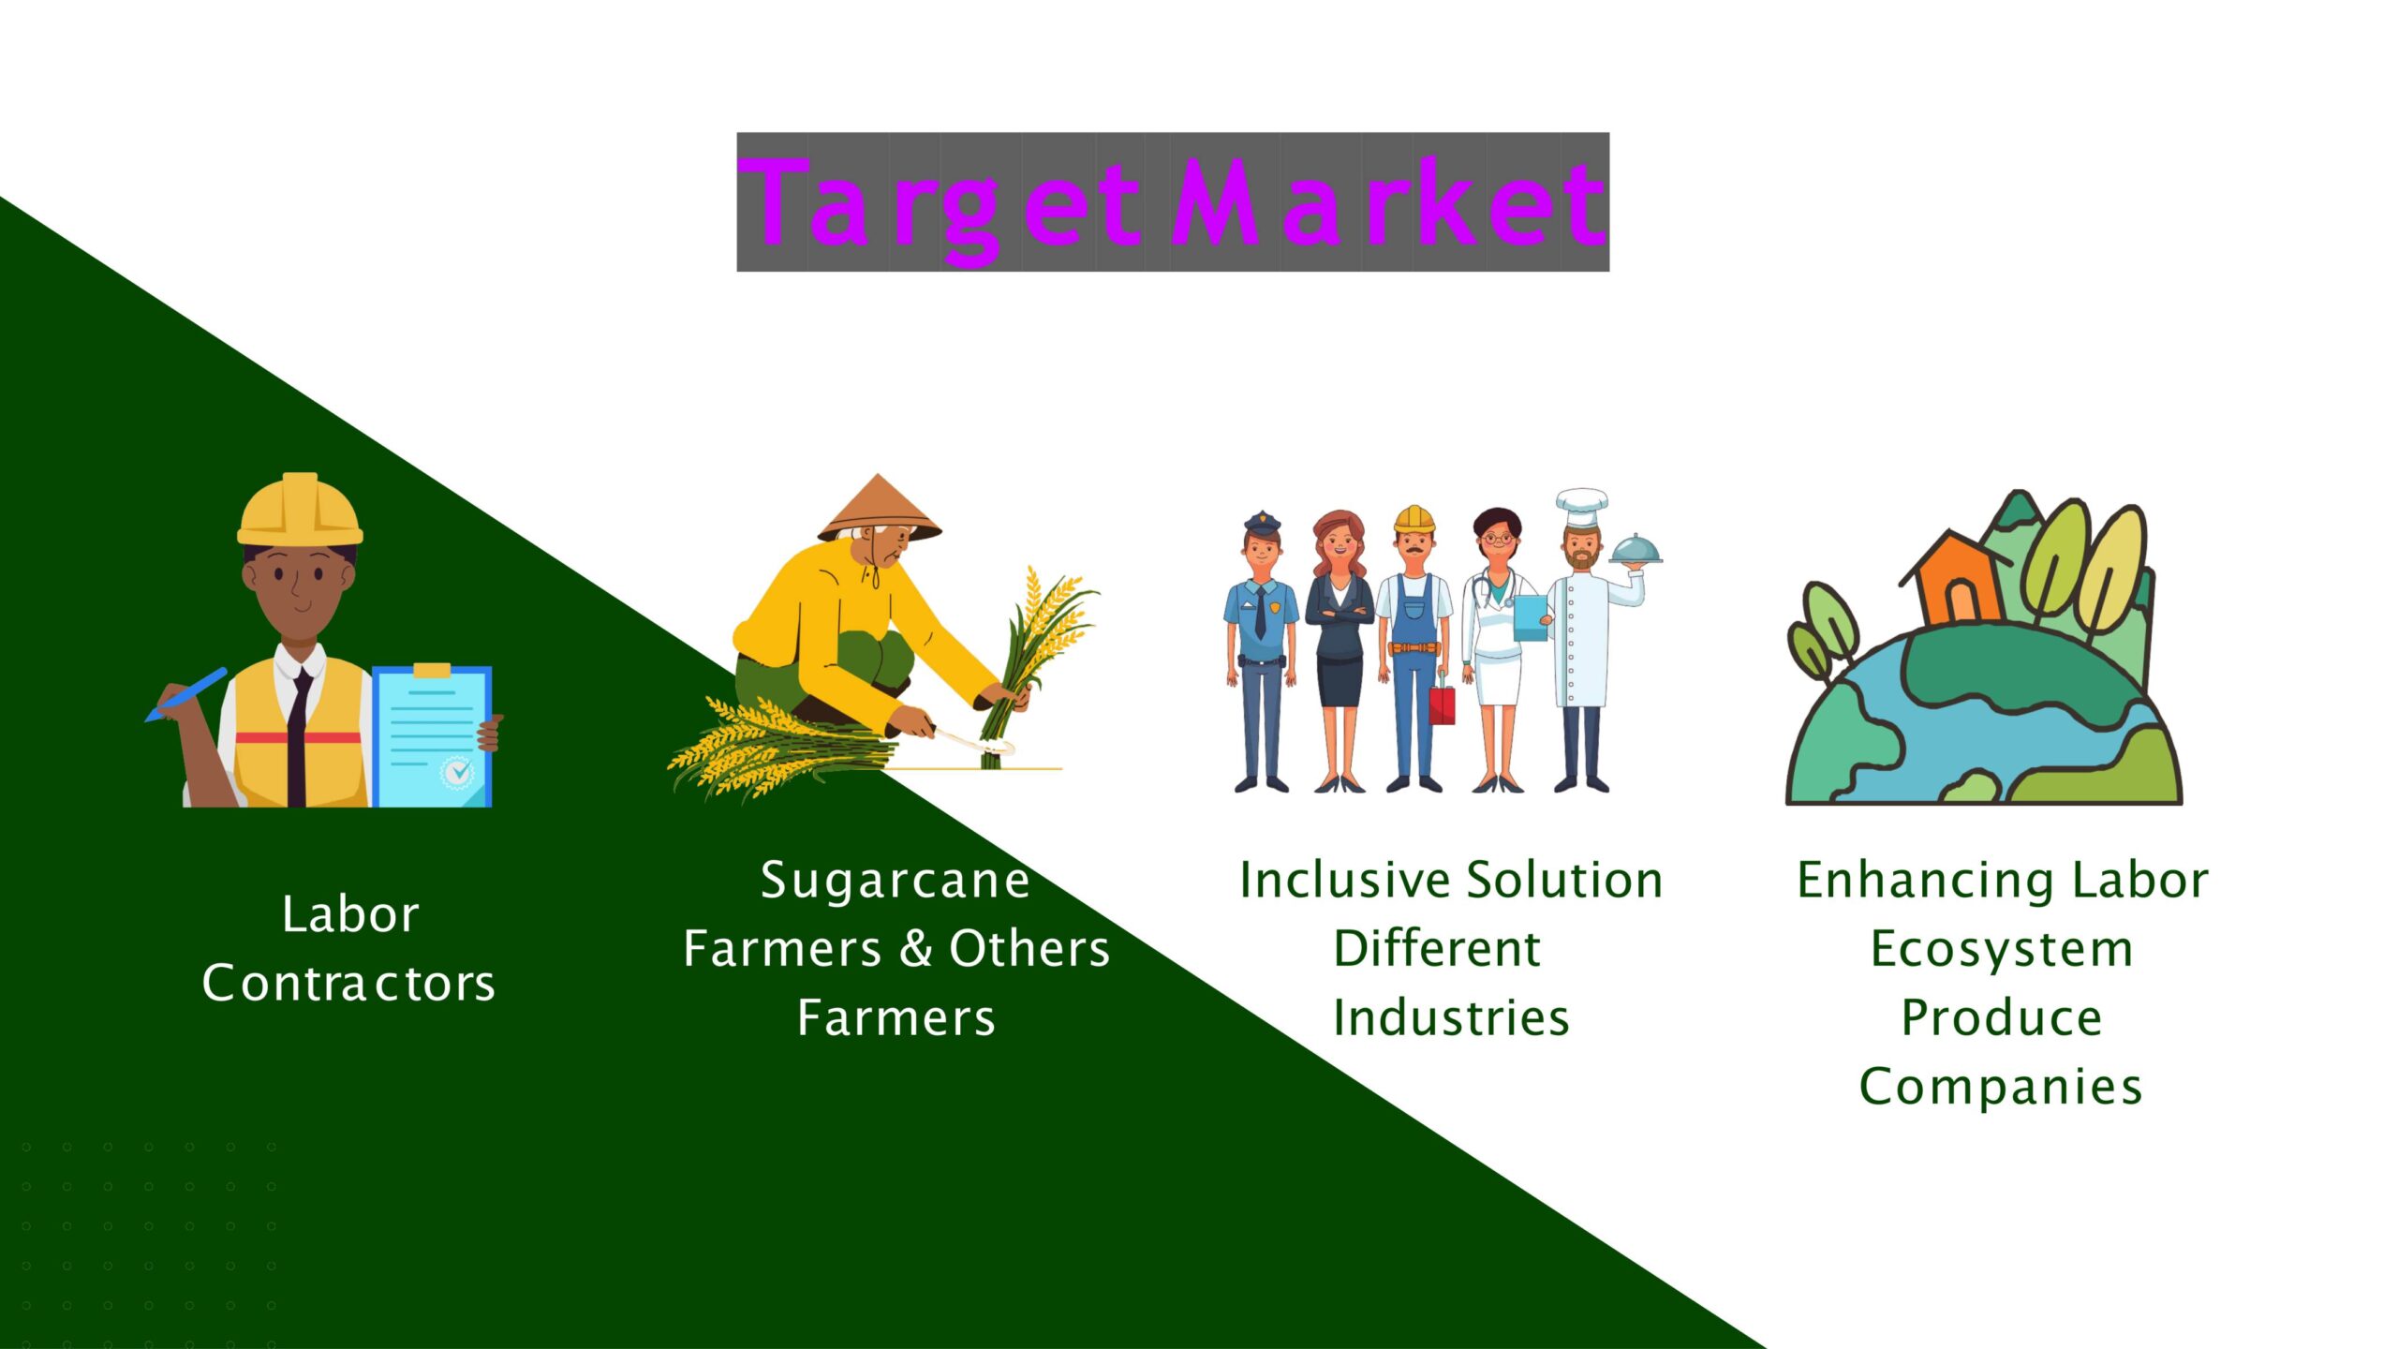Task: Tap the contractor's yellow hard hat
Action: (300, 511)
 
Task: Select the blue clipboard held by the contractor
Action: (432, 736)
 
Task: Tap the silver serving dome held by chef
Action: (1636, 550)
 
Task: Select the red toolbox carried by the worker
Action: (1443, 705)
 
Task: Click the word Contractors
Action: (348, 984)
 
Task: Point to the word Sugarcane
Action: (896, 881)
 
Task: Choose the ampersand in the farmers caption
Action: (915, 948)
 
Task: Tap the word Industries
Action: (1451, 1018)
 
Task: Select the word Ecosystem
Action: (2002, 950)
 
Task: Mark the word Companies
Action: (2002, 1087)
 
